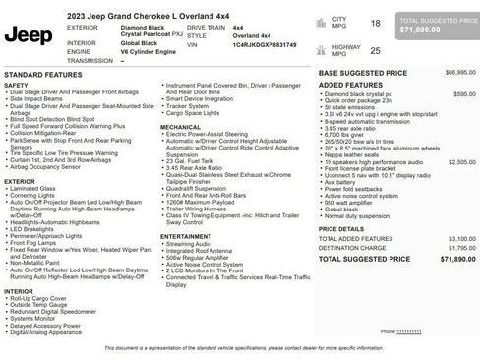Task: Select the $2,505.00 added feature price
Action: pos(461,161)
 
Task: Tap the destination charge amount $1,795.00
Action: pos(462,249)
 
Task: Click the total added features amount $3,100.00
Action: pos(462,238)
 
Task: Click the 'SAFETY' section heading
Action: pos(16,86)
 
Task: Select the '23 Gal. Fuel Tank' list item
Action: pos(192,160)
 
